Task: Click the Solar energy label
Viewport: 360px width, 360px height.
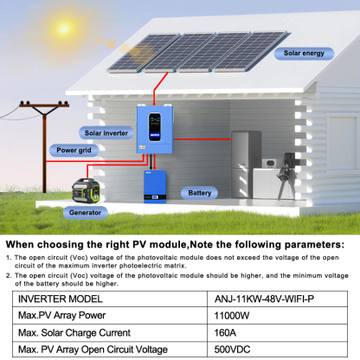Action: click(305, 53)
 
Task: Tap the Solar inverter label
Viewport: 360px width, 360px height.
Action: click(106, 132)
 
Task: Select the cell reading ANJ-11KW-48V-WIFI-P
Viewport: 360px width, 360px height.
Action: click(262, 299)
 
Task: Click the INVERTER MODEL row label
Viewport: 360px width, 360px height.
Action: click(60, 299)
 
